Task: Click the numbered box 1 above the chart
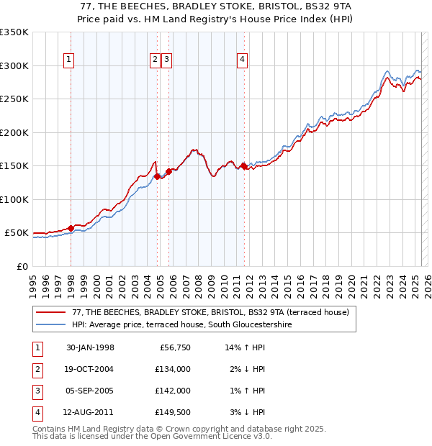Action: pyautogui.click(x=68, y=60)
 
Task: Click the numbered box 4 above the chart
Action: pyautogui.click(x=243, y=60)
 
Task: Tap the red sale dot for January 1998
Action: pyautogui.click(x=71, y=228)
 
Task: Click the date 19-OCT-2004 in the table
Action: pyautogui.click(x=90, y=369)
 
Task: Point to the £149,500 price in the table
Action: pyautogui.click(x=172, y=412)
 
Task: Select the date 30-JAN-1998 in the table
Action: pyautogui.click(x=90, y=347)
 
